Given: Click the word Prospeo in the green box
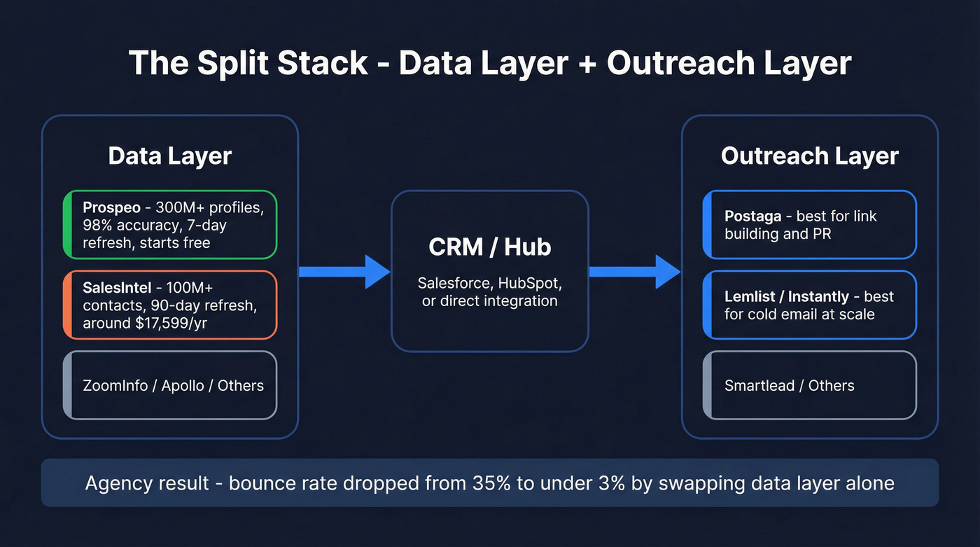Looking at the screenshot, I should [112, 207].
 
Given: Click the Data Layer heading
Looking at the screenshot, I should [169, 155].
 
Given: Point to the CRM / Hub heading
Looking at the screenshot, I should [489, 247].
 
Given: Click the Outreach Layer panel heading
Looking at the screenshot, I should [809, 155].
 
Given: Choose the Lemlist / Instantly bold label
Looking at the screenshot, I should [786, 296].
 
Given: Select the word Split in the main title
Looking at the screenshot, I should [234, 63].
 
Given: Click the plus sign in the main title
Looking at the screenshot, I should [586, 64].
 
